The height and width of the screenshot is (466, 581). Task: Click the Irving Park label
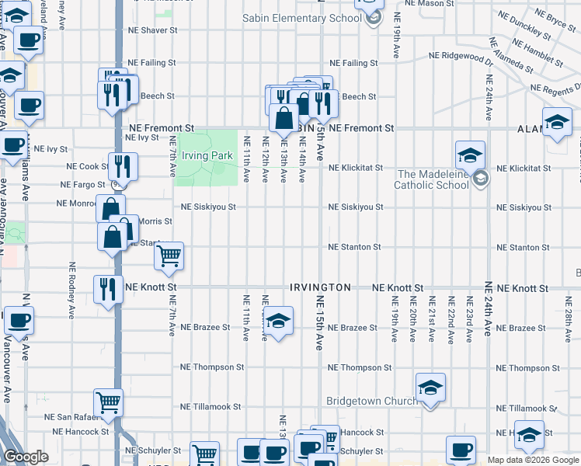coord(207,155)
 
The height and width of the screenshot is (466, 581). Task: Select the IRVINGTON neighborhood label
coord(320,287)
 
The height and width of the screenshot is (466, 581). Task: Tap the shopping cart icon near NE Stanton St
coord(169,256)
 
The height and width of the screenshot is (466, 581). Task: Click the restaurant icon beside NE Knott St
coord(108,289)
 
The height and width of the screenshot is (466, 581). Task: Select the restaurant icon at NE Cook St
coord(122,165)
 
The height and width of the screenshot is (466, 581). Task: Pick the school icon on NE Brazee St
coord(277,320)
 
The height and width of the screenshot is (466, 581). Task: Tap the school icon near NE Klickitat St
coord(470,155)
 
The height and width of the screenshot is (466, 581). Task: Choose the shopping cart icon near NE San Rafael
coord(108,402)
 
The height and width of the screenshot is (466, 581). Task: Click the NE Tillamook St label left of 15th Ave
coord(212,407)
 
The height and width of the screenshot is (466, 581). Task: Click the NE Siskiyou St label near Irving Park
coord(208,207)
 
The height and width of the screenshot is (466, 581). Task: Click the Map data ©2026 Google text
coord(532,460)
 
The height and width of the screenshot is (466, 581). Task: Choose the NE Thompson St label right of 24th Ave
coord(523,368)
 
